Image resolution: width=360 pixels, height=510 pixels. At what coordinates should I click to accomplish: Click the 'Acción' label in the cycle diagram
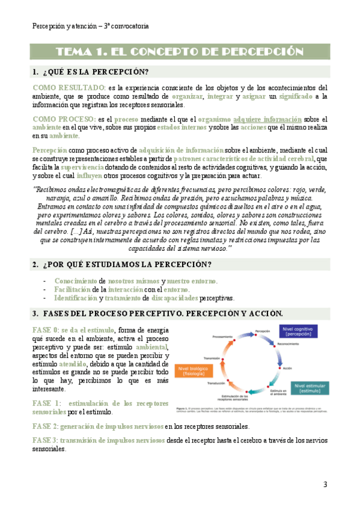287,367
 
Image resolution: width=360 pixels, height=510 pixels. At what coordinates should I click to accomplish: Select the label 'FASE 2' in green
45,426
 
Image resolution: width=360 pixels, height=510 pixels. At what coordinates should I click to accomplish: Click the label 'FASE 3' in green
45,440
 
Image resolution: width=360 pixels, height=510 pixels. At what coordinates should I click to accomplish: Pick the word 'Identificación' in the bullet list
75,298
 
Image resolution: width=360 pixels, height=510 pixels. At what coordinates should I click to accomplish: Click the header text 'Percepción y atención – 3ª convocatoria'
90,26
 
